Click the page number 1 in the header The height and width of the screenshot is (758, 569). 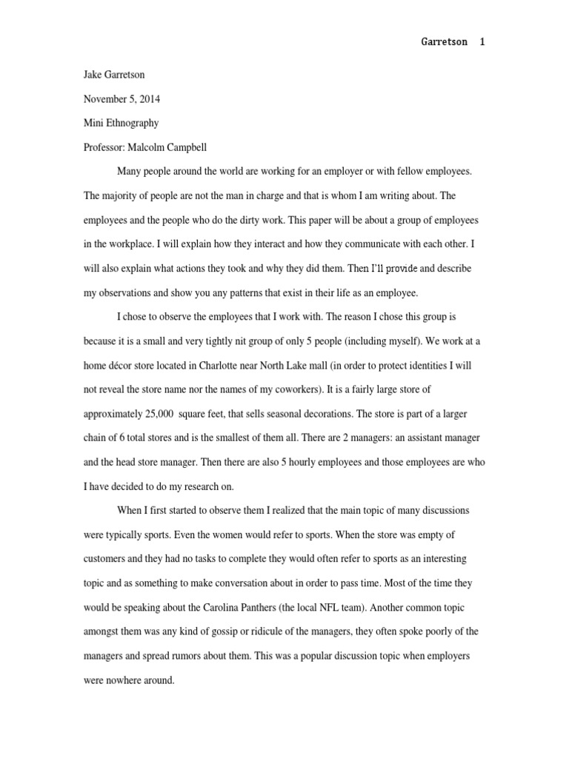point(482,42)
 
